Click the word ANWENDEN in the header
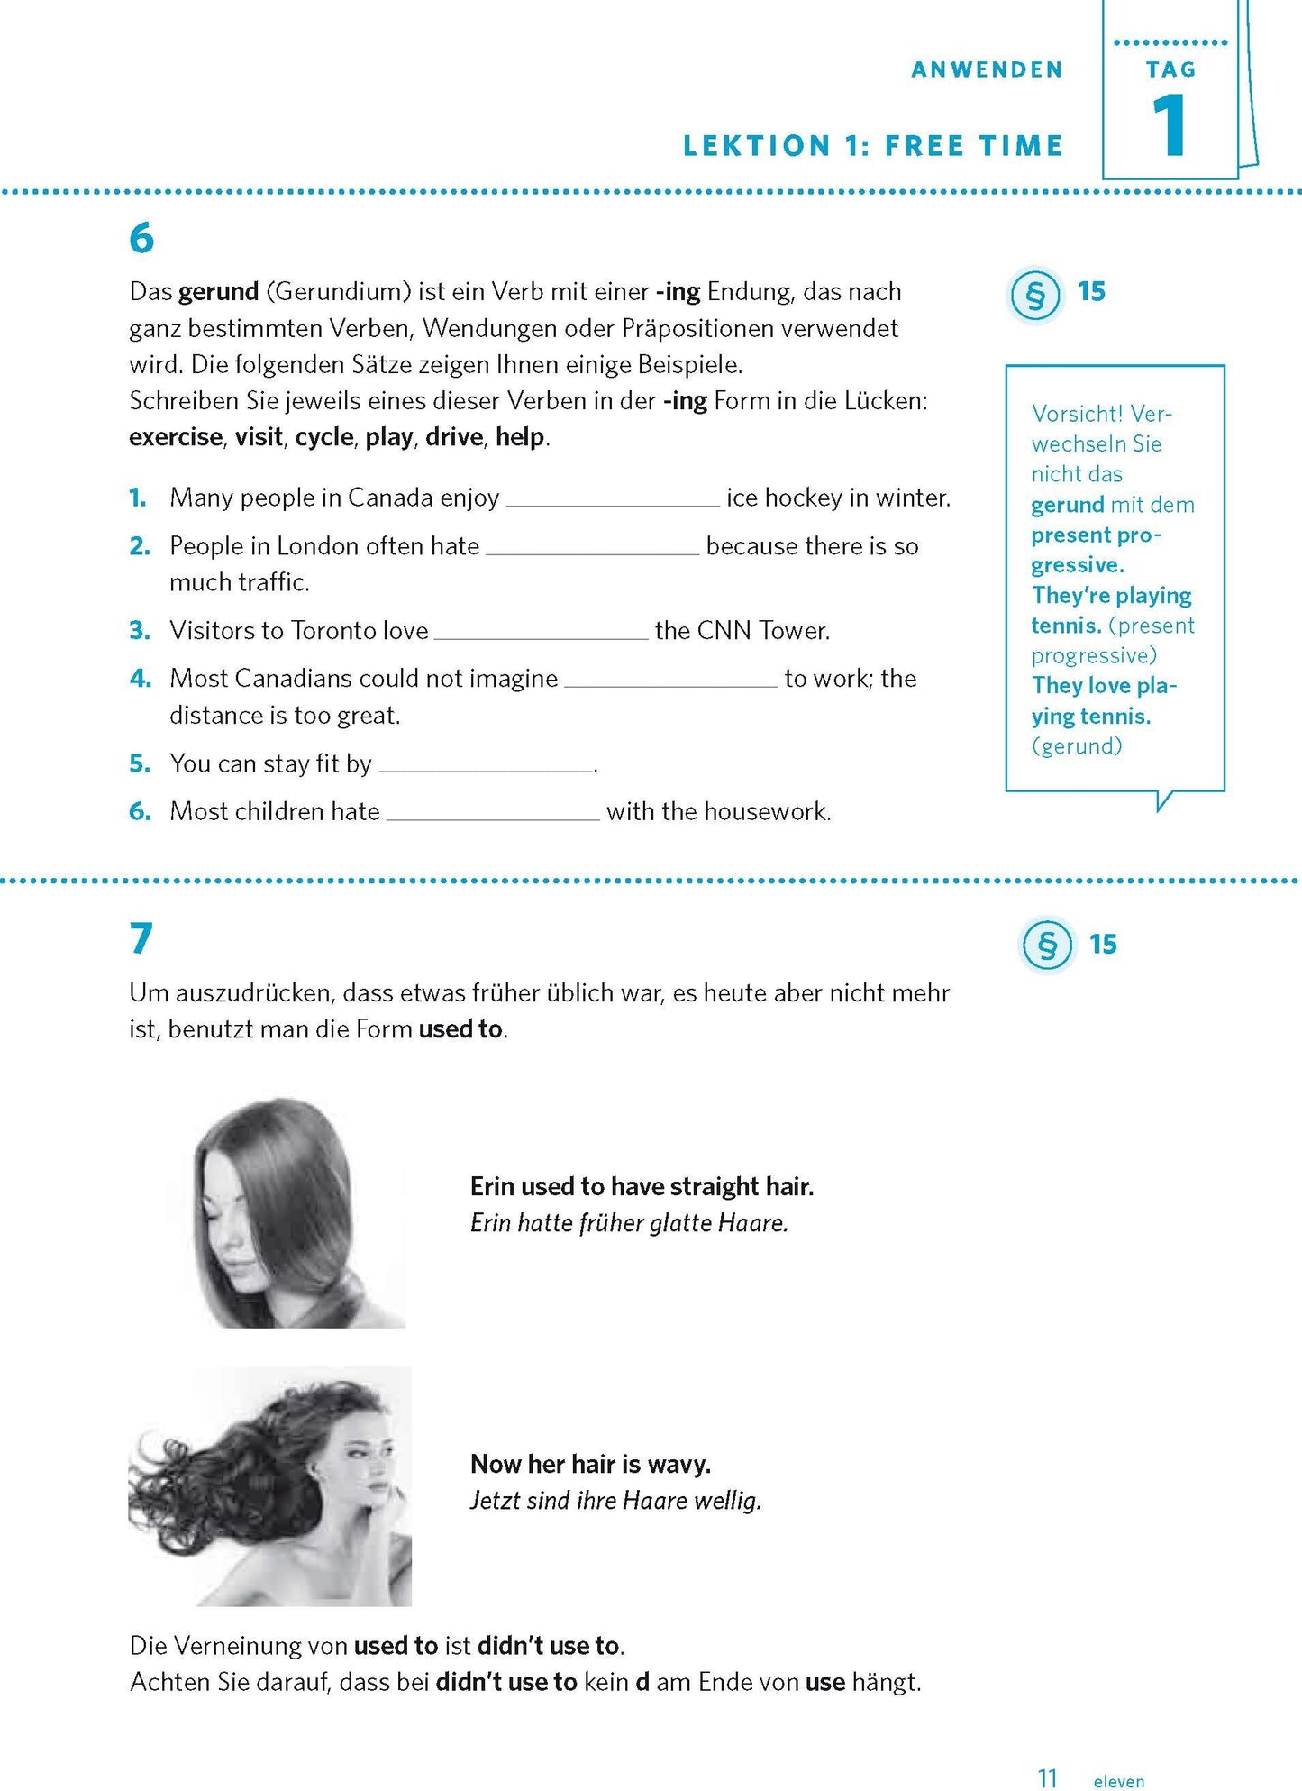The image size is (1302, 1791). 987,69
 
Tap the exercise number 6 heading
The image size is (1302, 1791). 141,239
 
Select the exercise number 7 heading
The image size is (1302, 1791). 141,938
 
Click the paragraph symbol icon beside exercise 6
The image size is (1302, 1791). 1034,295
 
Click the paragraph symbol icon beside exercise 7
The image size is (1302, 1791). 1047,945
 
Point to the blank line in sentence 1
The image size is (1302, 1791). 613,503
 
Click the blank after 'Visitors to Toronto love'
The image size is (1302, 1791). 541,635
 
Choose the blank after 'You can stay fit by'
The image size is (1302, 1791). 486,769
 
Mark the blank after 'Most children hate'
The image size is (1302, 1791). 493,817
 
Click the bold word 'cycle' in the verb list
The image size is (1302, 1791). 324,437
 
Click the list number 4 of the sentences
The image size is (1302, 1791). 140,678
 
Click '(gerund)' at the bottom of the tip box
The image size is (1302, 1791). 1077,746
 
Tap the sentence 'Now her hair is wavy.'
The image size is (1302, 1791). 590,1464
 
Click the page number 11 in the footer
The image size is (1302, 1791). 1047,1778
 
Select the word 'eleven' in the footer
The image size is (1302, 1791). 1118,1781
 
